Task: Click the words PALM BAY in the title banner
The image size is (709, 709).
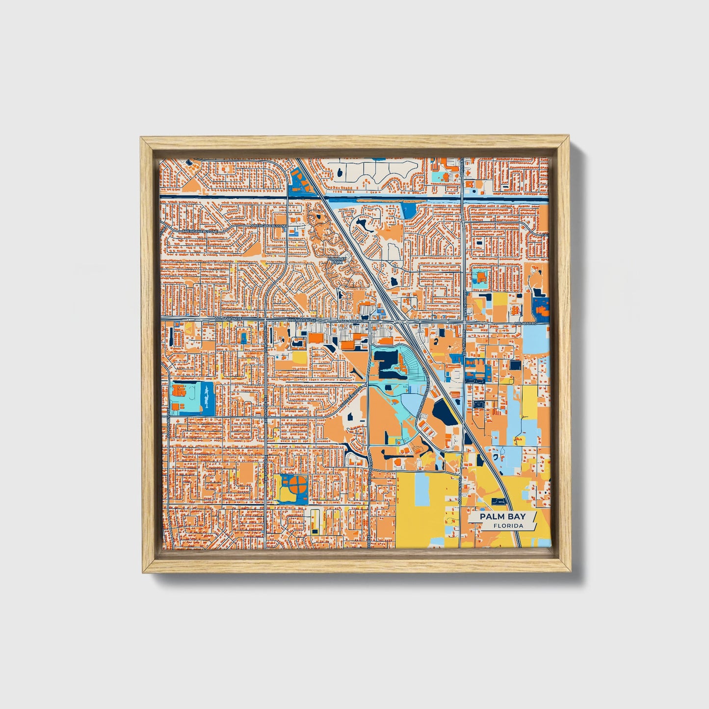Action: tap(502, 516)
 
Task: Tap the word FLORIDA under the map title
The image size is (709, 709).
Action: tap(508, 526)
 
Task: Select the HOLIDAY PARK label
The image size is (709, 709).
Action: tap(337, 261)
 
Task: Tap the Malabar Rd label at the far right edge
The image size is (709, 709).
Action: tap(537, 324)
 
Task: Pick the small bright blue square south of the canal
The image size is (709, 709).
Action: tap(408, 210)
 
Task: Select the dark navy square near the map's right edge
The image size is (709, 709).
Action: tap(515, 365)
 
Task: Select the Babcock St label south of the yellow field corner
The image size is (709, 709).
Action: tap(460, 496)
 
